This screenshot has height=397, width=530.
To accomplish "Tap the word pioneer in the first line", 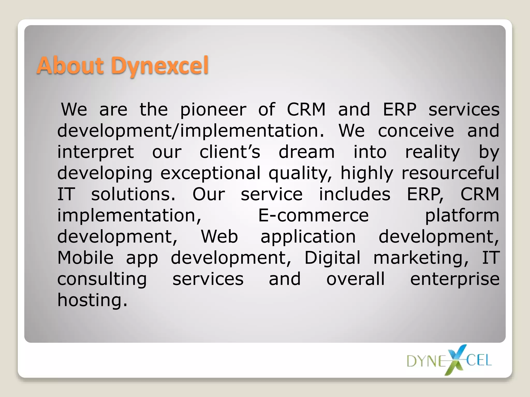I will click(x=213, y=110).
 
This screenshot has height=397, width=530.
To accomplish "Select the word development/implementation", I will click(x=190, y=131).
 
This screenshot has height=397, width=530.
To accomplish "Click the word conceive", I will click(x=416, y=131).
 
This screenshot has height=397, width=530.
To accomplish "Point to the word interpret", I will click(x=95, y=152).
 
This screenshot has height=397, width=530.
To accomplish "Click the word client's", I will click(x=230, y=152).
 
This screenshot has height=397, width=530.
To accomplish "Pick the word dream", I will click(x=306, y=152).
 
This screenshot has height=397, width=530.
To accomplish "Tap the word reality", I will click(x=432, y=152).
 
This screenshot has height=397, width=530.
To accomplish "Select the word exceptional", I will click(x=210, y=173).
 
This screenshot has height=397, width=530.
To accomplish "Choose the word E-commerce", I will click(x=313, y=216).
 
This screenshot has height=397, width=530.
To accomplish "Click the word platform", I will click(x=462, y=216).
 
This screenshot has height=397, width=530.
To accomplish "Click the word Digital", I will click(x=332, y=258).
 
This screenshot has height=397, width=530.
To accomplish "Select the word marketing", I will click(x=421, y=258).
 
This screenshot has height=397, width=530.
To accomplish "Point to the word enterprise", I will click(x=455, y=279).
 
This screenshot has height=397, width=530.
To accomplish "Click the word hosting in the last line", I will click(x=92, y=300).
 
